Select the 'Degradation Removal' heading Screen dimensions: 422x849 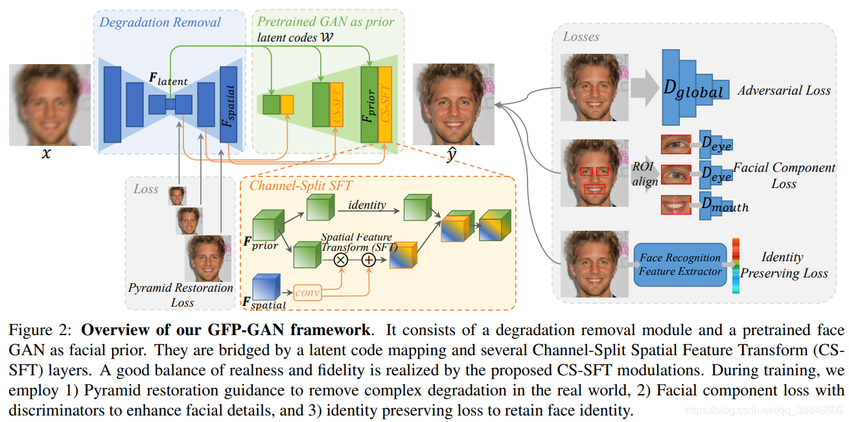(x=160, y=23)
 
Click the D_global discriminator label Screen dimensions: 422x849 (x=693, y=91)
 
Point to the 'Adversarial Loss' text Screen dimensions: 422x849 (x=784, y=91)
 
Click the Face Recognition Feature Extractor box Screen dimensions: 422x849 (x=679, y=264)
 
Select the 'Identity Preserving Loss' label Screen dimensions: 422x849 (x=784, y=265)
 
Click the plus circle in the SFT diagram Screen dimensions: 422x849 (x=368, y=260)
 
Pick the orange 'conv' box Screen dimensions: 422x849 (x=308, y=292)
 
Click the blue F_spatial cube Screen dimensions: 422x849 (x=265, y=287)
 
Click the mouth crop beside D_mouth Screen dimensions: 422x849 (x=676, y=205)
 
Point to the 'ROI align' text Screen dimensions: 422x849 (x=645, y=174)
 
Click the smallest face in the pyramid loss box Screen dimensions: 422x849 (x=177, y=196)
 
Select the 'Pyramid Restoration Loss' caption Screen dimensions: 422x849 (x=181, y=294)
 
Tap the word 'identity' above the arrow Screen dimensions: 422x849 (x=367, y=205)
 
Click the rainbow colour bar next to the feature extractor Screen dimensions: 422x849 (x=736, y=265)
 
